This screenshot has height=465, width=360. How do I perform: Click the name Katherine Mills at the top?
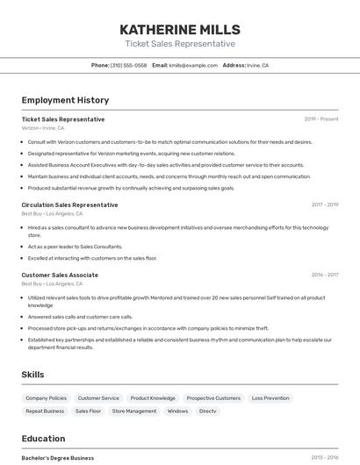coord(180,30)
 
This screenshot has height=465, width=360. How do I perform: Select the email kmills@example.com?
coord(192,65)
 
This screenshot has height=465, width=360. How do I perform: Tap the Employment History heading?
coord(65,100)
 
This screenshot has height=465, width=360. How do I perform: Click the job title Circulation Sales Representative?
coord(69,204)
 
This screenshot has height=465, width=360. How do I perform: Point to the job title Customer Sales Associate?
coord(60,275)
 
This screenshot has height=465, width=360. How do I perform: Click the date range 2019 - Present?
coord(321,119)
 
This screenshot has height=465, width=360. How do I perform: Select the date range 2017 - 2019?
coord(325,204)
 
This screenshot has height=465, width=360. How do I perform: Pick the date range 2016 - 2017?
coord(325,275)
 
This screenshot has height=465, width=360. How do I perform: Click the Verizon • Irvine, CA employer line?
coord(43,127)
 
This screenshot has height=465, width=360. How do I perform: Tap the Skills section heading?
coord(32,375)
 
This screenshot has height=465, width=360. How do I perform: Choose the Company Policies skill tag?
coord(46,398)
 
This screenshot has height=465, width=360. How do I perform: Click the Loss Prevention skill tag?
coord(270,398)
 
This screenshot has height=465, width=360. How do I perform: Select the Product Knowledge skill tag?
coord(153,398)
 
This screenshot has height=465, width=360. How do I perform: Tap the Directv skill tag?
coord(207,411)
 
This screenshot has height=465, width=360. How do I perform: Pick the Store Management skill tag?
coord(134,411)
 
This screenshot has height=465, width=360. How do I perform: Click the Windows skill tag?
coord(177,411)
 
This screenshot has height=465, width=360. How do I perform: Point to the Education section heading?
coord(43,439)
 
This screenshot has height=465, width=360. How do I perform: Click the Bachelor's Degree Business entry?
coord(58,458)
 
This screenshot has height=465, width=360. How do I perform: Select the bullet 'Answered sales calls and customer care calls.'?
coord(80,317)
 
